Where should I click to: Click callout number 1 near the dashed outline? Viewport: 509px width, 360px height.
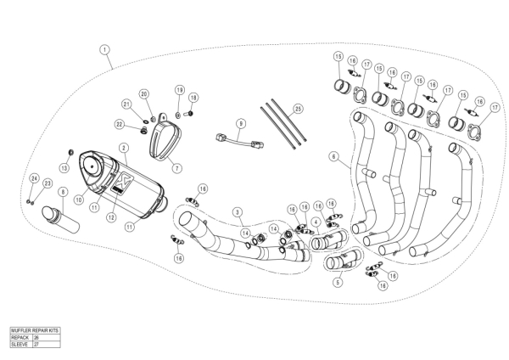tap(104, 49)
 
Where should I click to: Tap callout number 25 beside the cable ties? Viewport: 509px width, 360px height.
tap(298, 109)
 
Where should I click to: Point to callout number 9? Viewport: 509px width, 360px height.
tap(240, 123)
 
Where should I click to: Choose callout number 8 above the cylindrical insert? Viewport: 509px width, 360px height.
tap(61, 193)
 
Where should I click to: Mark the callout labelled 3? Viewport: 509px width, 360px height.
tap(238, 211)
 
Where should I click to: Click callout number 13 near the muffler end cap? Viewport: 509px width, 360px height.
tap(64, 166)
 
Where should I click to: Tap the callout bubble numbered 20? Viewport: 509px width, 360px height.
tap(144, 93)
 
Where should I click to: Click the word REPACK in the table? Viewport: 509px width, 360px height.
tap(20, 336)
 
